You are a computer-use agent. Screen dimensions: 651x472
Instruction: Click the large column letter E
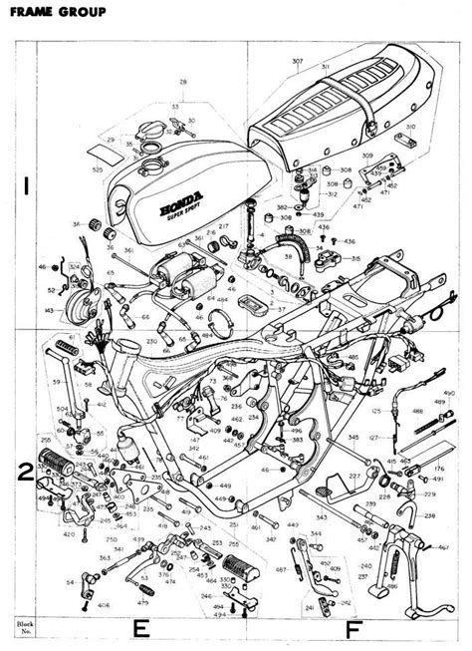pos(141,628)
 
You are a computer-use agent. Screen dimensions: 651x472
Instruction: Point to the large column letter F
pos(353,629)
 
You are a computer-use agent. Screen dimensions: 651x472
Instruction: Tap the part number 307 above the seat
pos(297,62)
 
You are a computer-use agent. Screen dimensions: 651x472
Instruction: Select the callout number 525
pos(97,171)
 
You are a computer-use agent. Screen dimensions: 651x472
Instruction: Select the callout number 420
pos(69,534)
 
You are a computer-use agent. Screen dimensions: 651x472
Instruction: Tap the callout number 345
pos(354,438)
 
